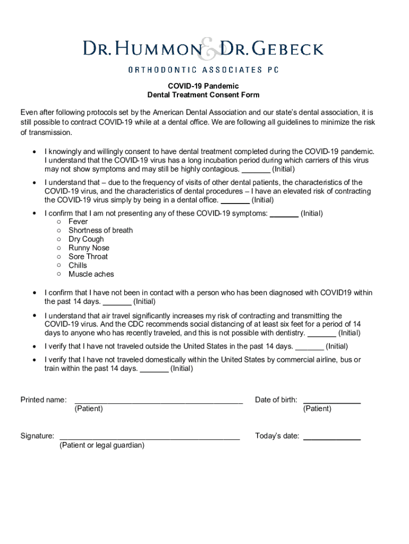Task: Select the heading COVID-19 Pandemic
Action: click(203, 86)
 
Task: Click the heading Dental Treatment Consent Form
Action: click(203, 95)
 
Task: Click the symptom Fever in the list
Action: click(78, 222)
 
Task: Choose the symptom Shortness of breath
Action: click(100, 231)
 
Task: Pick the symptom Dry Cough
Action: click(86, 239)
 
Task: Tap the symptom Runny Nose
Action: click(89, 248)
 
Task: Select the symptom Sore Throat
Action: click(88, 257)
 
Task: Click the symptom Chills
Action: click(78, 266)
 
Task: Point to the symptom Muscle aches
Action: click(91, 274)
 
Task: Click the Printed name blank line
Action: click(159, 403)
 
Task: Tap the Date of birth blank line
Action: click(331, 403)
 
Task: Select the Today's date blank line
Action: click(331, 439)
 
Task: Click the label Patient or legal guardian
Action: click(102, 445)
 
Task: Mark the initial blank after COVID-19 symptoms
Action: click(284, 216)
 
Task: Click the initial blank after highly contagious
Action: click(256, 172)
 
